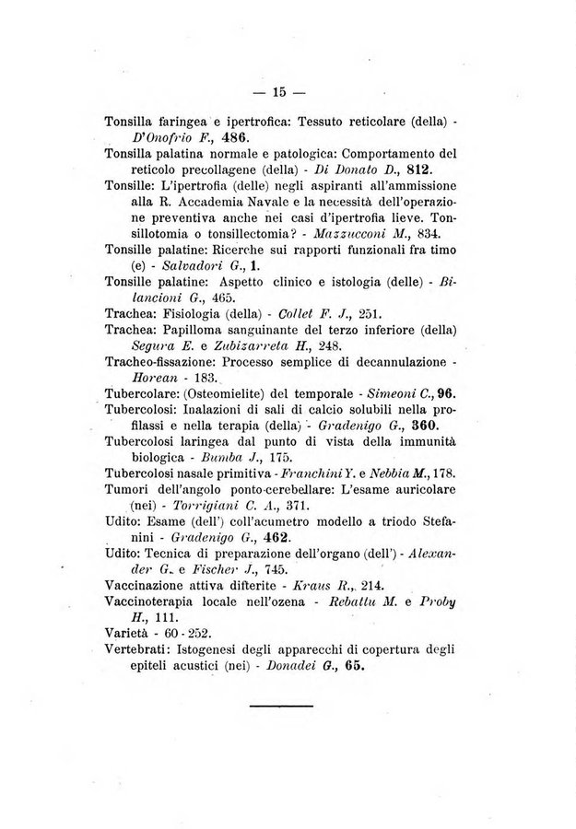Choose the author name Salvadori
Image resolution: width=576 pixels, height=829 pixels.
184,265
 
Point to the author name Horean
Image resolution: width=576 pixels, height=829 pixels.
158,378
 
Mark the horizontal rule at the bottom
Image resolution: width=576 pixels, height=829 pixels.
281,706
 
